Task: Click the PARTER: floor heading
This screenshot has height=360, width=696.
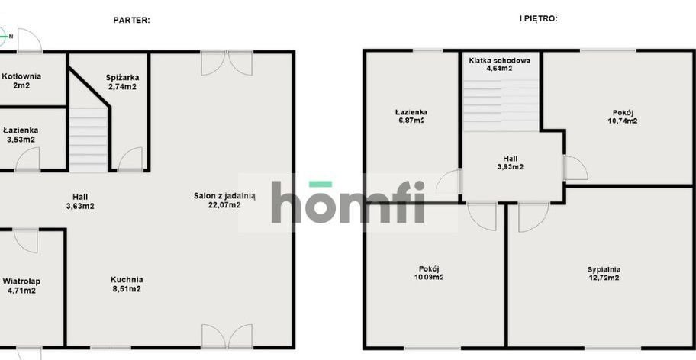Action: (x=131, y=20)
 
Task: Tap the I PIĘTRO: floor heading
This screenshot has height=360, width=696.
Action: (x=538, y=18)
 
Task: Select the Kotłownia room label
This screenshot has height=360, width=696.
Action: (x=21, y=81)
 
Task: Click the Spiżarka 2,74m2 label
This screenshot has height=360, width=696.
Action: (x=122, y=82)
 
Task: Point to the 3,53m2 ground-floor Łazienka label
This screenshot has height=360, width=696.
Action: (x=21, y=135)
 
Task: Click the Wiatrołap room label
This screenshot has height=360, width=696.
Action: (x=21, y=286)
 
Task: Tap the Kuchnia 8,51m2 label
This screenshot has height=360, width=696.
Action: (x=127, y=284)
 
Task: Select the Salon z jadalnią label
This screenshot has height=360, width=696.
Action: (x=224, y=200)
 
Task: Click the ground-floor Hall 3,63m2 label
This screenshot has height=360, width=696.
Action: (x=80, y=201)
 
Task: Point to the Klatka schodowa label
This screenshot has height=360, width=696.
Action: (x=499, y=64)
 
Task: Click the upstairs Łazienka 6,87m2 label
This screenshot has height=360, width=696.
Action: (x=411, y=116)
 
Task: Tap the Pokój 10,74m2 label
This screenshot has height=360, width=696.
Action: (x=622, y=117)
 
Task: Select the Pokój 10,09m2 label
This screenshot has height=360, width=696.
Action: (x=428, y=272)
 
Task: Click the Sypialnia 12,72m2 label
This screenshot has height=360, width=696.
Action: (x=604, y=274)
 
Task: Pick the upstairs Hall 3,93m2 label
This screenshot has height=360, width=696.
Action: (x=510, y=162)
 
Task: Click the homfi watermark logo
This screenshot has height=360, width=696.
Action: (x=348, y=202)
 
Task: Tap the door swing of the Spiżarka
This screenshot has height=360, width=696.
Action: (x=130, y=159)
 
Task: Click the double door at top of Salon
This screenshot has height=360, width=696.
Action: (x=227, y=63)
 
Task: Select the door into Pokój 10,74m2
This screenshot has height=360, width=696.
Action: (x=576, y=168)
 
